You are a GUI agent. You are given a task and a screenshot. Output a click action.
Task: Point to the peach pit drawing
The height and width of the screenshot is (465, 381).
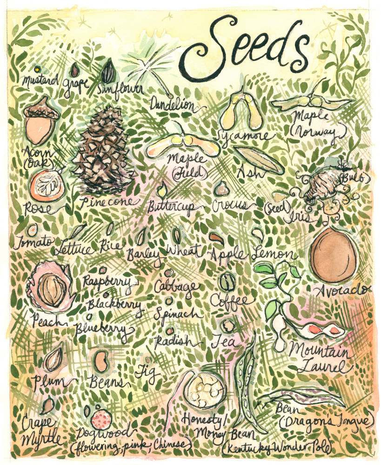click(51, 288)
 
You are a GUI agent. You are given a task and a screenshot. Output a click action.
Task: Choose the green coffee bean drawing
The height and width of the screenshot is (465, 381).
click(227, 281)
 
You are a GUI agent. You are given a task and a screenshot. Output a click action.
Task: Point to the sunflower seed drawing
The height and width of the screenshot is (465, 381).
click(109, 72)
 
